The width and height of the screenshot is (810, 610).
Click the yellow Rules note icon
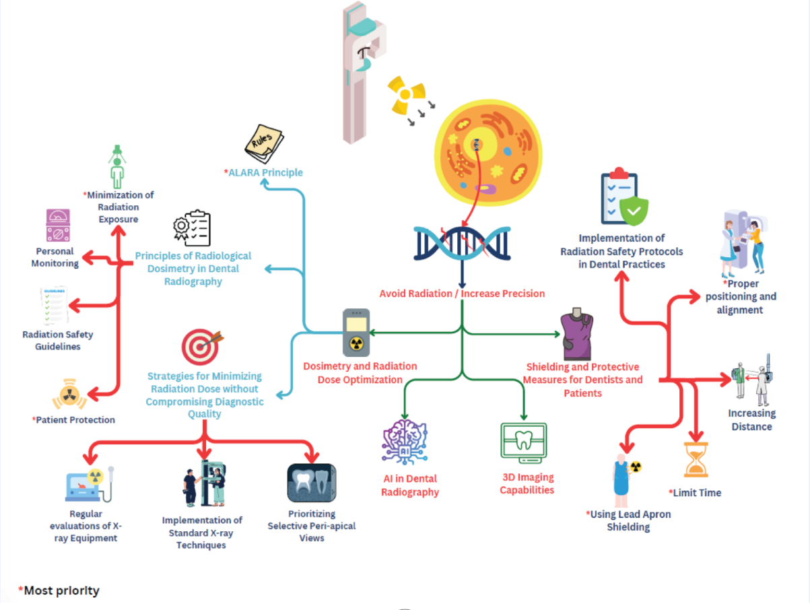[264, 143]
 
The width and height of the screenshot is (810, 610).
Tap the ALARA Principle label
[264, 172]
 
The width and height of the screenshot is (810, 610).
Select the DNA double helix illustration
[462, 242]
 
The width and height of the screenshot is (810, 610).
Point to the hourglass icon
[696, 460]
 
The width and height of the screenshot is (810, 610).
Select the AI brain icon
[405, 443]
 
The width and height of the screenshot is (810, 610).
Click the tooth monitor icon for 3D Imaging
[524, 443]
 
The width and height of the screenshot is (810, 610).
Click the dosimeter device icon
[356, 331]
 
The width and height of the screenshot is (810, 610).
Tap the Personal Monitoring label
[55, 257]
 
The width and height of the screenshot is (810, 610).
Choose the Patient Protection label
[74, 419]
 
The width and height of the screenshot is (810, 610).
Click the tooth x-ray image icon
[311, 482]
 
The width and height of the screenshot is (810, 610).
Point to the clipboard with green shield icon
[623, 199]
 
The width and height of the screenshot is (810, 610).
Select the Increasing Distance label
[751, 419]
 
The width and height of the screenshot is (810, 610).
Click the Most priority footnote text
[59, 590]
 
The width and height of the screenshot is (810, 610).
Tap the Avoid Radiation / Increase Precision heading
[462, 293]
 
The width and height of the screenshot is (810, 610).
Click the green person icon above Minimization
[118, 166]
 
